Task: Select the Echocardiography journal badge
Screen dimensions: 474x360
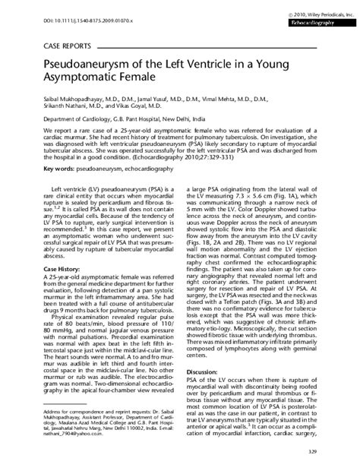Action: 318,24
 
